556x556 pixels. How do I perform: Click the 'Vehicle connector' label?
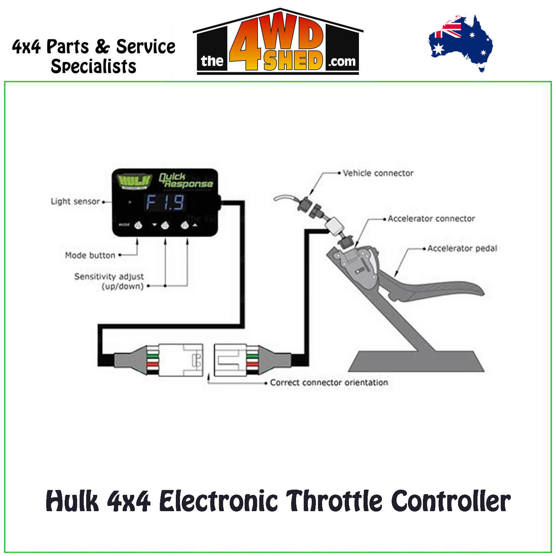point(378,173)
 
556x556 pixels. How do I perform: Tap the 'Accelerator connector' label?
point(431,219)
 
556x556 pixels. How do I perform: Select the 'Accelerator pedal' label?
point(462,248)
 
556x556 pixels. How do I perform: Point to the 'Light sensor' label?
point(75,201)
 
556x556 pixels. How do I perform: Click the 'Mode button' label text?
point(90,255)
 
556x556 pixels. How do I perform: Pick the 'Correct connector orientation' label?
point(329,383)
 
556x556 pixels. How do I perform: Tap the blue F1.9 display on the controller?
point(165,203)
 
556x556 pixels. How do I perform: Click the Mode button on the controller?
point(138,225)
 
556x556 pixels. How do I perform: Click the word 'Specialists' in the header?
point(93,66)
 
